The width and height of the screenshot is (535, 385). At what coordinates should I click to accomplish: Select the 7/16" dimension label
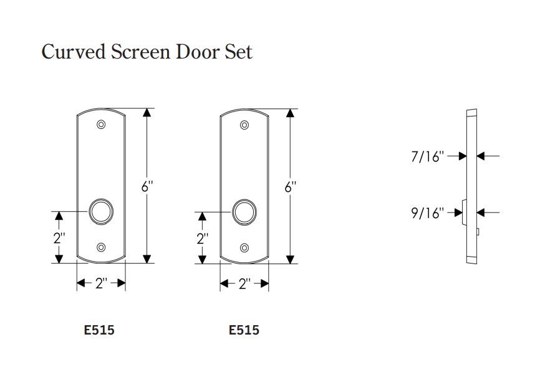[x=427, y=156]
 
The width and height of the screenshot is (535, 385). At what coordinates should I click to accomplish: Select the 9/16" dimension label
[x=427, y=213]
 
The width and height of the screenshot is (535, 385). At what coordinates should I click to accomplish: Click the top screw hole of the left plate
[x=101, y=125]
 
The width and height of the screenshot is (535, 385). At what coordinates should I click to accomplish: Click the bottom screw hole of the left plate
[x=101, y=247]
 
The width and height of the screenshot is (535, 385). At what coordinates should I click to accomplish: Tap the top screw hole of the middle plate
[x=244, y=125]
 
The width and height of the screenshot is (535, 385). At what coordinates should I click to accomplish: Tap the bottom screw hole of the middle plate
[x=244, y=247]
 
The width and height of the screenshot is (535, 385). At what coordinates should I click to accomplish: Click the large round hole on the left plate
[x=100, y=211]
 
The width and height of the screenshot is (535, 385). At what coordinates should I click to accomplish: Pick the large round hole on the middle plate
[x=244, y=211]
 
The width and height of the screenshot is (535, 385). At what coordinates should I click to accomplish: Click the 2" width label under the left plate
[x=101, y=284]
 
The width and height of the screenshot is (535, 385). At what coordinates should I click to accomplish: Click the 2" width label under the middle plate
[x=244, y=284]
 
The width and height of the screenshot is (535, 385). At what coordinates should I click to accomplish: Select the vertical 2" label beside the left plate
[x=59, y=238]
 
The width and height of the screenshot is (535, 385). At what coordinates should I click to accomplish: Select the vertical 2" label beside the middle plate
[x=202, y=238]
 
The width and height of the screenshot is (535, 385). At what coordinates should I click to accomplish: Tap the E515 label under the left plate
[x=99, y=330]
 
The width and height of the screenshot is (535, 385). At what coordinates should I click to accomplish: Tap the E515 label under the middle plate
[x=244, y=330]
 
